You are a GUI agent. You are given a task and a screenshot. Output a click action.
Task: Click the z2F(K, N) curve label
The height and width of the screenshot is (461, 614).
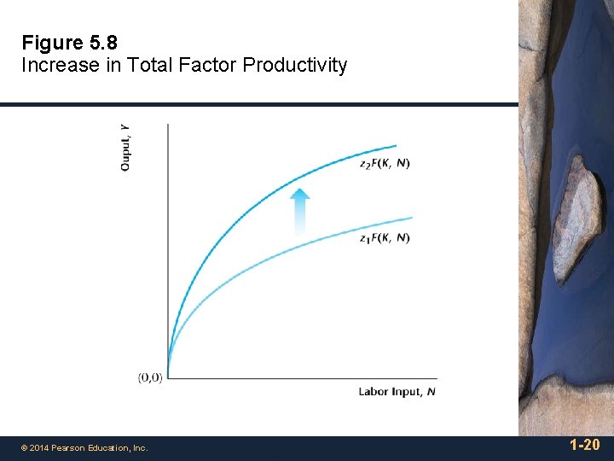click(385, 164)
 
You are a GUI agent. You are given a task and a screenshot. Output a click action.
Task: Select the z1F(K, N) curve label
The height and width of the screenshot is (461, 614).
click(385, 237)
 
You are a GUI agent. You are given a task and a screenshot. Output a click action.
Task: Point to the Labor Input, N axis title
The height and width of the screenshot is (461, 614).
click(397, 392)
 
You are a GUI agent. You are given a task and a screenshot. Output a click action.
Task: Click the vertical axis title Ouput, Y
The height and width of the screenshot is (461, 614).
click(126, 147)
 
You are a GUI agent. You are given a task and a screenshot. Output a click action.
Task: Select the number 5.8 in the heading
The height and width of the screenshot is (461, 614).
click(102, 43)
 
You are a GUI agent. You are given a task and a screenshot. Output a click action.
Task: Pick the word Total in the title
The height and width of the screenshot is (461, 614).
click(150, 65)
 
